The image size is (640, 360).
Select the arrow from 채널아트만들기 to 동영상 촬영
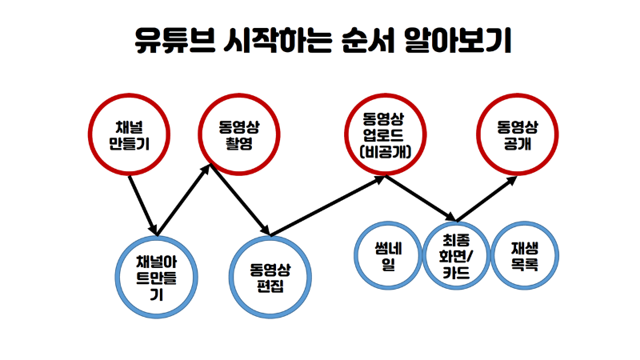(186, 198)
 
